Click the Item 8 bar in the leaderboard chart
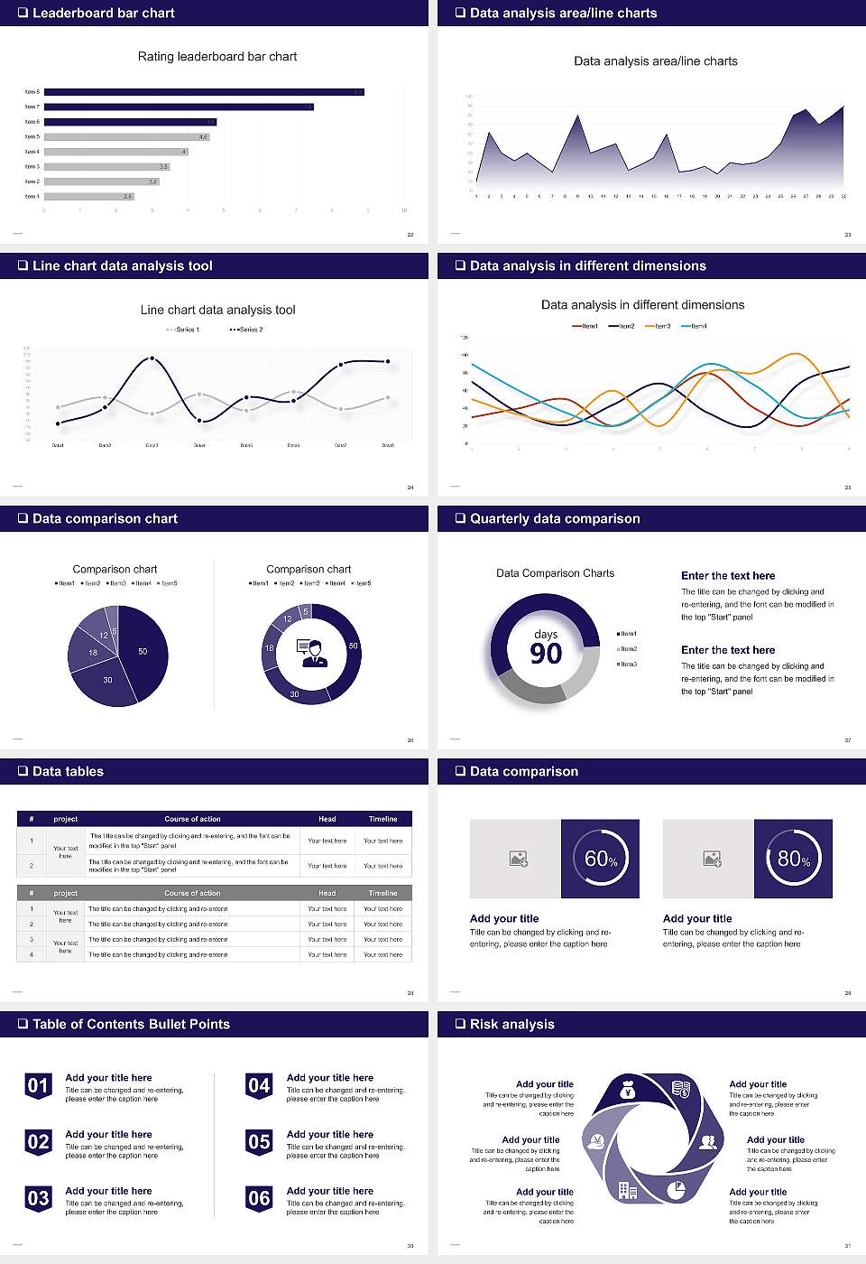coord(204,92)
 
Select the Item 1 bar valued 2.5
coord(89,196)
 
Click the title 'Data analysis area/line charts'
coord(655,61)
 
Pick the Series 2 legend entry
coord(246,330)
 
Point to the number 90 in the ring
coord(546,654)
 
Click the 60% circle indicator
coord(600,859)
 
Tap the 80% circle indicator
coord(793,859)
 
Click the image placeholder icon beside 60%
coord(518,859)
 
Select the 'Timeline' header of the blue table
coord(382,819)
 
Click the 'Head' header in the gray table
coord(327,893)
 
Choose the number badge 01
coord(38,1085)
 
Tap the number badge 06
coord(259,1198)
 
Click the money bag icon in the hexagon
coord(629,1091)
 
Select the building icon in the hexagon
coord(628,1190)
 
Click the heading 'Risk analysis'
coord(511,1024)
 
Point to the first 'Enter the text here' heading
coord(728,576)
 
